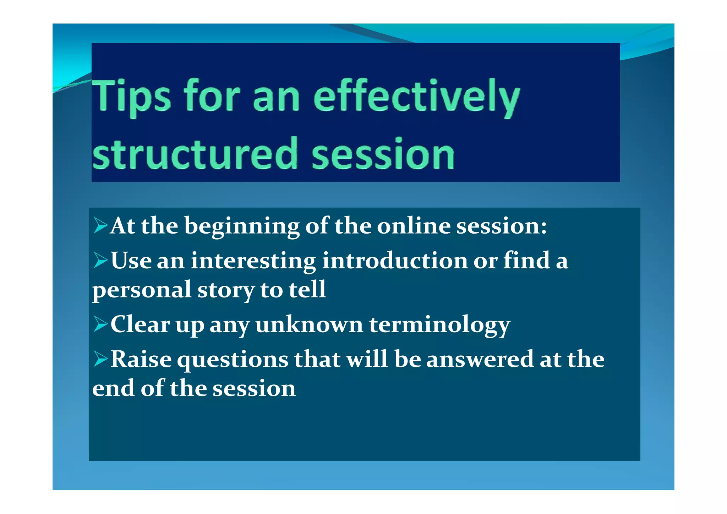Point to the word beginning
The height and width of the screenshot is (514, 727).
[242, 226]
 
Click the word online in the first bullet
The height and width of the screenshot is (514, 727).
[413, 226]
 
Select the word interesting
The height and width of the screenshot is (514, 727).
[253, 261]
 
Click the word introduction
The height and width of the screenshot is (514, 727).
[395, 261]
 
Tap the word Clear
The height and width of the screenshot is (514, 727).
[140, 324]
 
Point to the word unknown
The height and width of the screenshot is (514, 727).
[309, 324]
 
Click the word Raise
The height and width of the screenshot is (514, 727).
[141, 359]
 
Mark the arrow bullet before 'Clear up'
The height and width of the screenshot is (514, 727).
[100, 324]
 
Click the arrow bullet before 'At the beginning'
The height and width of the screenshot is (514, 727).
[100, 226]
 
